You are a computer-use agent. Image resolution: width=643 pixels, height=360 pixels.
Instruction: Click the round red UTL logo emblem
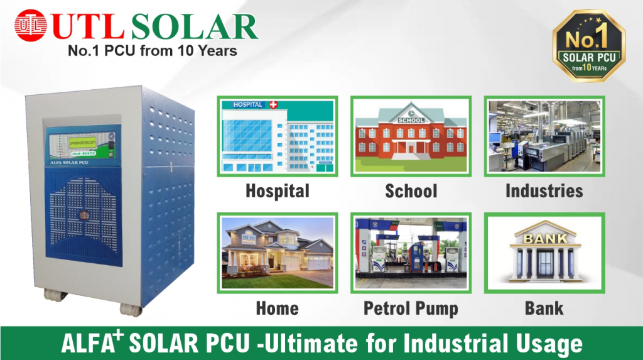click(31, 26)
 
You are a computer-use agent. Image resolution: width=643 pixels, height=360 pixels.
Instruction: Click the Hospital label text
click(277, 191)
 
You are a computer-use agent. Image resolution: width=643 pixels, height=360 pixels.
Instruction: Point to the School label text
click(411, 191)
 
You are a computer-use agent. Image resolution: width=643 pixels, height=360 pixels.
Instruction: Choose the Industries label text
click(544, 191)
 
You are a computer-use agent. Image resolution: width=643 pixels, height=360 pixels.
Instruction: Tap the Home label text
click(277, 308)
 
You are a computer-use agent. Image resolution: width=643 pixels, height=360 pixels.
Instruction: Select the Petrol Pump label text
click(411, 308)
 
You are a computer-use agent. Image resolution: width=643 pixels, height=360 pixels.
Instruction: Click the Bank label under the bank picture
click(544, 308)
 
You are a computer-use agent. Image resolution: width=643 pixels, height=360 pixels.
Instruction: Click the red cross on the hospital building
click(272, 104)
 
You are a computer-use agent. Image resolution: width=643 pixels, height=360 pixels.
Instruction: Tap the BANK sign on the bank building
click(544, 239)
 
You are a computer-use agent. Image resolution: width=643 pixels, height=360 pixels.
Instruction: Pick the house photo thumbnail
click(277, 253)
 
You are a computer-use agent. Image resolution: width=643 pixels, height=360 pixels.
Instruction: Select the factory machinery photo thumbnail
click(544, 135)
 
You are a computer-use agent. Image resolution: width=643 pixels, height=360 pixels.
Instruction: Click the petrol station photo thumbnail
click(411, 253)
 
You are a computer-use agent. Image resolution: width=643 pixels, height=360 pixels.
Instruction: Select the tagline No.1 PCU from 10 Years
click(152, 51)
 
